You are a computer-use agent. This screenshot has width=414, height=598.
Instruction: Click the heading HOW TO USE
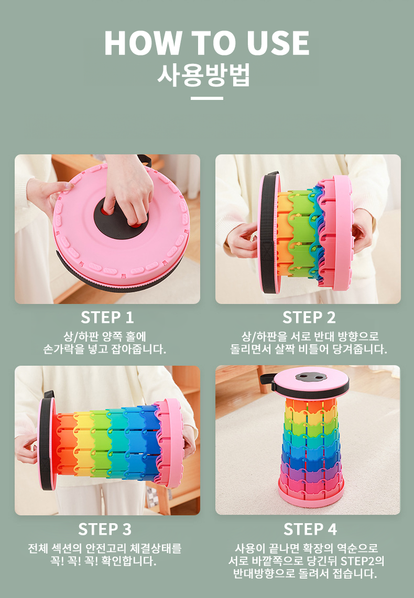[x=206, y=43]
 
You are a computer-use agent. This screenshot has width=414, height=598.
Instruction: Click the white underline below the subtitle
[x=206, y=98]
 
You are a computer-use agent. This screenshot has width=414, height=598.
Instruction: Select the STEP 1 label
[x=107, y=317]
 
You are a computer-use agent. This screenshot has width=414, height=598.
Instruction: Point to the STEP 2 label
[x=309, y=317]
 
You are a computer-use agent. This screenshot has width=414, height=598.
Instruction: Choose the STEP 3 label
[x=105, y=529]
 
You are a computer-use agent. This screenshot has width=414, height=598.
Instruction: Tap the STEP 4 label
[x=310, y=529]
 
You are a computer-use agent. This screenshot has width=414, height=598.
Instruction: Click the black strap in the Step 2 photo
[x=270, y=232]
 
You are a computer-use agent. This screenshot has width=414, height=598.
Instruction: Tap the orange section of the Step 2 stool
[x=284, y=233]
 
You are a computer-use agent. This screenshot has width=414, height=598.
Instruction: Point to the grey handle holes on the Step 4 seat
[x=310, y=377]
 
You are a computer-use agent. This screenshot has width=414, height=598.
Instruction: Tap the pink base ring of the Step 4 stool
[x=311, y=496]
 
